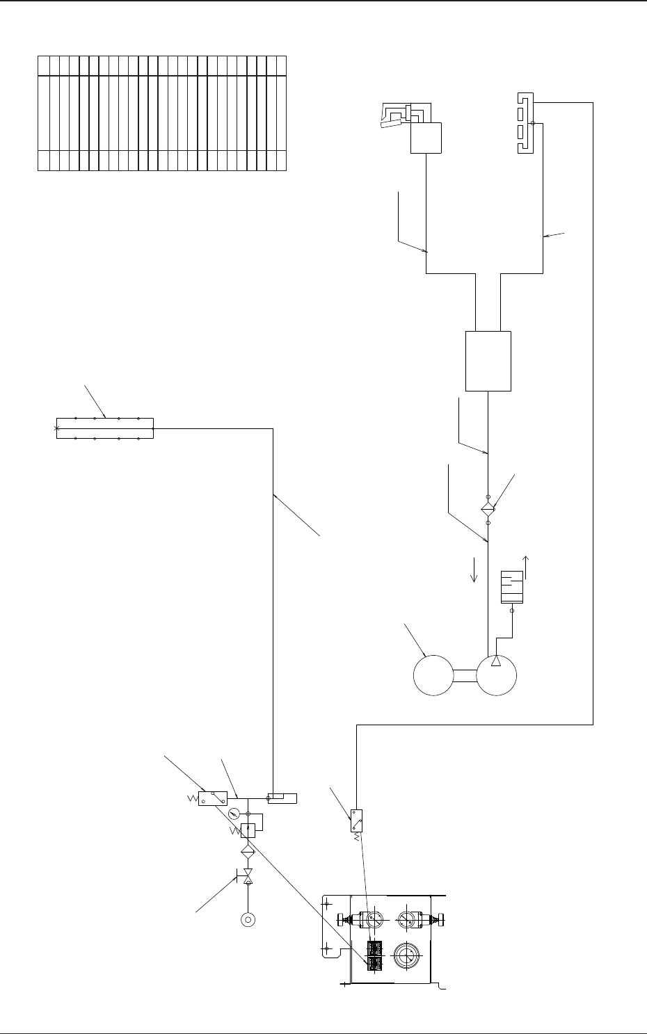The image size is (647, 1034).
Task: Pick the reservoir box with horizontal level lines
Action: [512, 586]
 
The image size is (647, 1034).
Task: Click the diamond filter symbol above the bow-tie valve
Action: [247, 851]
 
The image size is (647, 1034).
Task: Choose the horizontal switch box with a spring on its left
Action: [213, 798]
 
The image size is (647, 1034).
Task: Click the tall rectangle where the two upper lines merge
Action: [488, 360]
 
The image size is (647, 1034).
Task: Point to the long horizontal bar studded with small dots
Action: [104, 429]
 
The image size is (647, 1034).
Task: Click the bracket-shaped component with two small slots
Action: [526, 123]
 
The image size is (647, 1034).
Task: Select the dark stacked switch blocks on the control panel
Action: [375, 955]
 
